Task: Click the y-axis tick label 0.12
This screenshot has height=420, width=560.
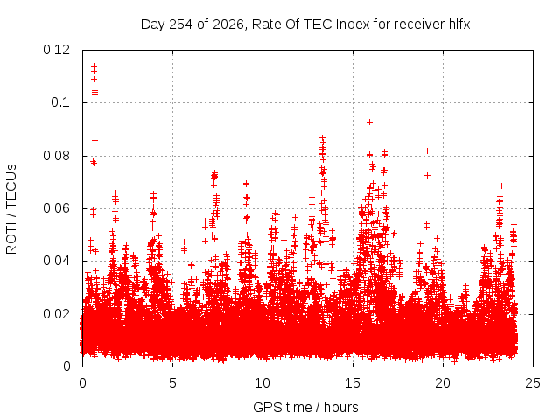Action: click(56, 50)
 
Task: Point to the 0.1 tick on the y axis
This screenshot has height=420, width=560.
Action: click(60, 102)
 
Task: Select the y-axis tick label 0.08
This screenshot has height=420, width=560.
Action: click(56, 156)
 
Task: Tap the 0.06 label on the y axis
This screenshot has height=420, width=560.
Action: click(56, 208)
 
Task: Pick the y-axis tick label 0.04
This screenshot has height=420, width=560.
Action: click(56, 261)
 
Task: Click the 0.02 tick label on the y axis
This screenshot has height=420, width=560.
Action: click(56, 314)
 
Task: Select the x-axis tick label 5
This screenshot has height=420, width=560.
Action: click(173, 383)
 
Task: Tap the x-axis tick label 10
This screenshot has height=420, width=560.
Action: click(262, 383)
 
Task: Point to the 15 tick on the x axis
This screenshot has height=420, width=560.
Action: click(353, 383)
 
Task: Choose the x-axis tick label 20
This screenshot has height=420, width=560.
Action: click(443, 383)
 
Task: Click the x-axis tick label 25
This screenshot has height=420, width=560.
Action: click(533, 383)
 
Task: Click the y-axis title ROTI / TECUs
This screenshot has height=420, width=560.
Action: click(11, 209)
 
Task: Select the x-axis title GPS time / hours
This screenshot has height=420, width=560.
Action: click(305, 408)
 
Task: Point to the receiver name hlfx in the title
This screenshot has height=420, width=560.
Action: click(459, 24)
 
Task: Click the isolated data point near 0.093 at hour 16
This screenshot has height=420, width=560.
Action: click(369, 122)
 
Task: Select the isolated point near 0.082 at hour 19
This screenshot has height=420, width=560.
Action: click(427, 151)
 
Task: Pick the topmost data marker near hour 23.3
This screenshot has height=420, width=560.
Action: click(501, 185)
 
